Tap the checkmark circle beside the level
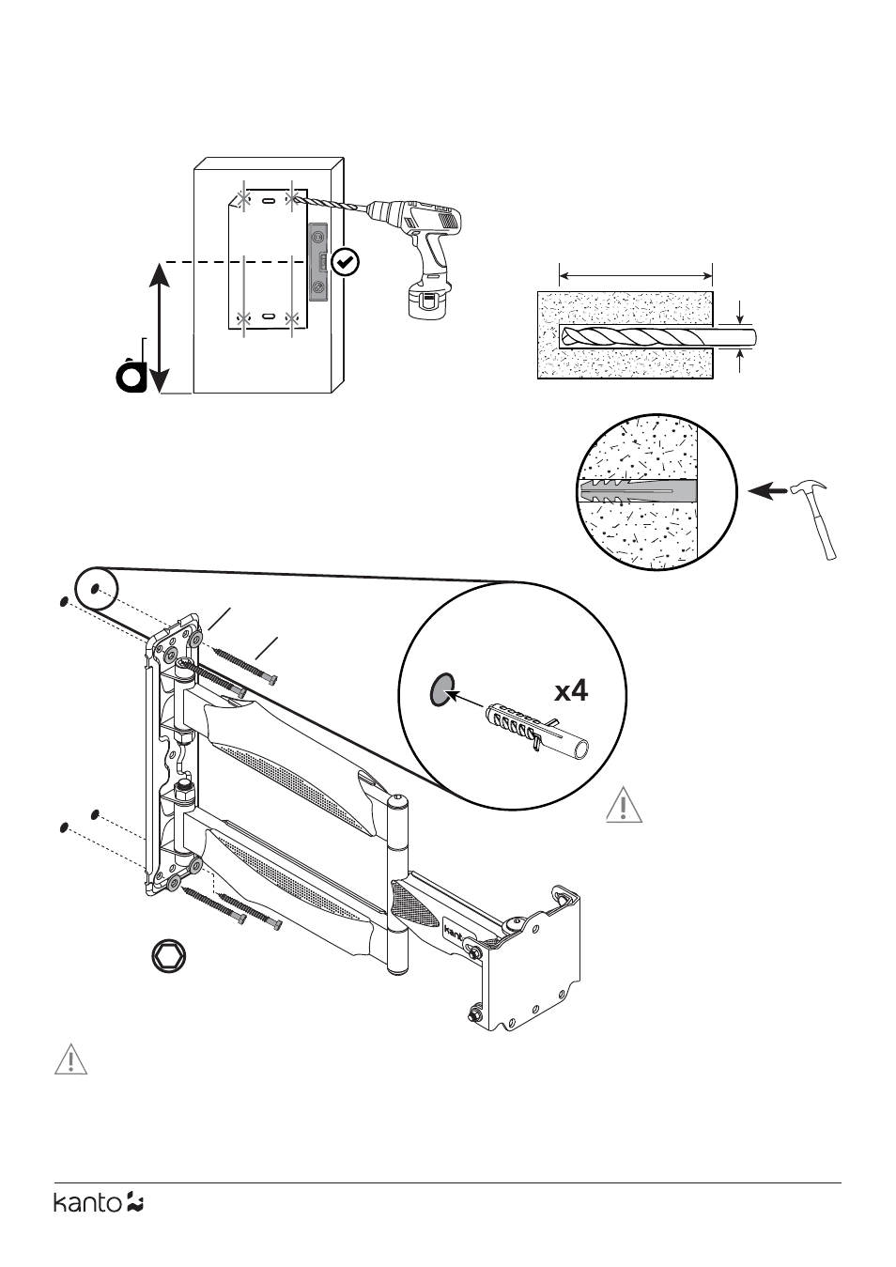pos(346,262)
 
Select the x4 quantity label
pos(570,691)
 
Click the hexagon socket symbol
pos(170,957)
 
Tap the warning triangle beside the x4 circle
pos(624,808)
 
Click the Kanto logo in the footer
pos(98,1202)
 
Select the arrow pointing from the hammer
pos(766,489)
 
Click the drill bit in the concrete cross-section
pos(657,336)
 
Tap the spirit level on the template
pos(318,262)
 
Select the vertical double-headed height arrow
pos(160,327)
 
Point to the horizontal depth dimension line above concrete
pos(636,275)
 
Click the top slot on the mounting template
pos(268,201)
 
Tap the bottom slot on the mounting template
pos(268,317)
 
